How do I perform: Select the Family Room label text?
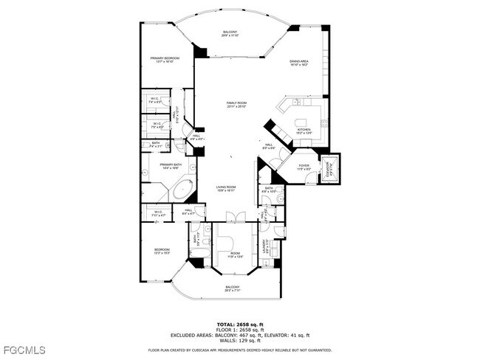click(236, 105)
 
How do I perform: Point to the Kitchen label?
click(304, 131)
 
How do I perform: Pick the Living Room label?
click(226, 188)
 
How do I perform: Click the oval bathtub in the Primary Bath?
click(182, 190)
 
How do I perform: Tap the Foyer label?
click(303, 167)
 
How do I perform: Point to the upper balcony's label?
click(230, 33)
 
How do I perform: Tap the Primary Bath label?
click(170, 166)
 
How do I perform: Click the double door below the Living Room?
click(235, 216)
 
